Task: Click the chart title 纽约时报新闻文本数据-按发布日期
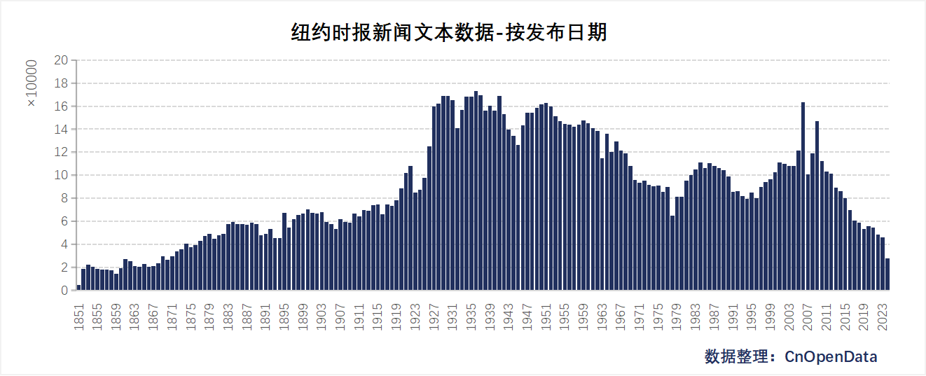[x=448, y=32]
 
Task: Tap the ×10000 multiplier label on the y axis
[x=32, y=83]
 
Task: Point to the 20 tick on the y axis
[x=61, y=60]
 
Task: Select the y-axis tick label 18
[x=61, y=83]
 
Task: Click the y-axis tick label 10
[x=61, y=175]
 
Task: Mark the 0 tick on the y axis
[x=64, y=290]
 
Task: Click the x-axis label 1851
[x=79, y=314]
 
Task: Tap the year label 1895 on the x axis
[x=284, y=314]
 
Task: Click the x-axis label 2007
[x=808, y=314]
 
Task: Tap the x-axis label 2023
[x=883, y=314]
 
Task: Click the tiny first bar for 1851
[x=79, y=287]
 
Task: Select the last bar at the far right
[x=887, y=274]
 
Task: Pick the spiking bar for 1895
[x=284, y=251]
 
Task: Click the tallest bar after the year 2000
[x=803, y=196]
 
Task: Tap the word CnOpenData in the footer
[x=831, y=356]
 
